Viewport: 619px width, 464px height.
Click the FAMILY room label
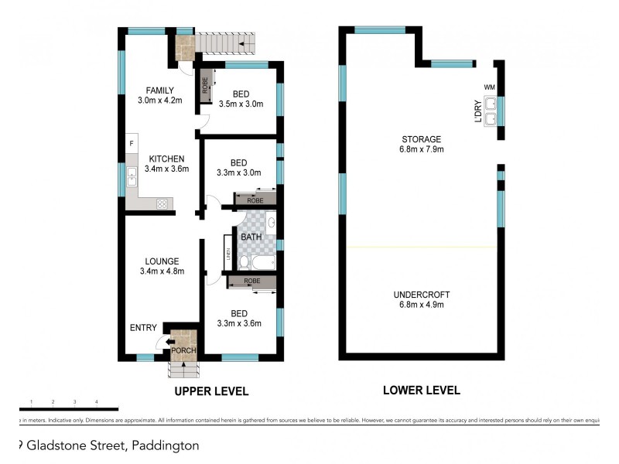pos(156,90)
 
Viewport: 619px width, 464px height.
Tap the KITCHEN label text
pos(156,159)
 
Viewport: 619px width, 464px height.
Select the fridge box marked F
pos(132,144)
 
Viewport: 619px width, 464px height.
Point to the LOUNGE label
pos(162,261)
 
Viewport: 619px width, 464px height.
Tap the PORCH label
pos(184,351)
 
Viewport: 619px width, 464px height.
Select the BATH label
pos(251,237)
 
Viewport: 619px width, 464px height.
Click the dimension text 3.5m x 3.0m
pos(241,104)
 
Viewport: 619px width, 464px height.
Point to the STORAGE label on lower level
pos(421,139)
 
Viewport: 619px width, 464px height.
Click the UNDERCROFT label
pos(421,295)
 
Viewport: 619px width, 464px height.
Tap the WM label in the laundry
pos(488,87)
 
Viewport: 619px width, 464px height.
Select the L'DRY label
pos(478,111)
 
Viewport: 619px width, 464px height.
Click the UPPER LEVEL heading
pos(210,391)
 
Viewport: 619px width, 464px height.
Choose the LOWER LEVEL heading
pos(421,390)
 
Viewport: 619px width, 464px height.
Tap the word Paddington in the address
pos(166,445)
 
